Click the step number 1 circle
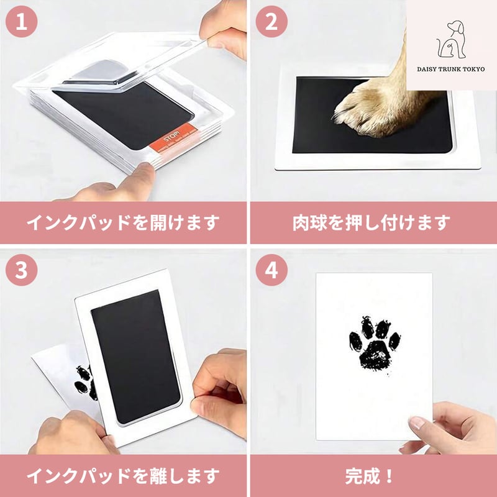(22, 22)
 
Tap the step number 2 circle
(271, 22)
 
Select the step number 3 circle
(22, 270)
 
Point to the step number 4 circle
(271, 270)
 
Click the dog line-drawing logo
(450, 40)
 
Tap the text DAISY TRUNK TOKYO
(451, 69)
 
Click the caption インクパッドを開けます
(123, 222)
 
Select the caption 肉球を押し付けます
(372, 222)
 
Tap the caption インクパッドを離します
(123, 475)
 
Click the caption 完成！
(370, 475)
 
